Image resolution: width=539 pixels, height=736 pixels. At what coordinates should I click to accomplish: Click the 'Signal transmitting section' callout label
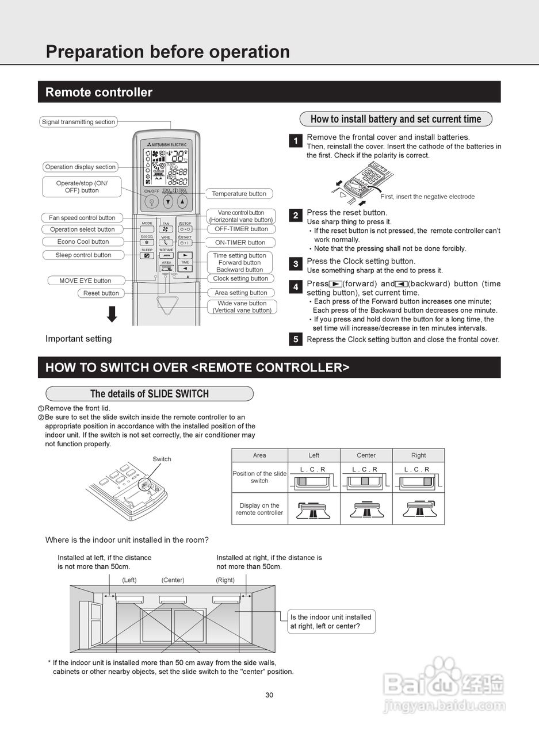pyautogui.click(x=79, y=122)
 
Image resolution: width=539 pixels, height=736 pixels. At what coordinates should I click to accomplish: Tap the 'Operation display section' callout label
pyautogui.click(x=81, y=167)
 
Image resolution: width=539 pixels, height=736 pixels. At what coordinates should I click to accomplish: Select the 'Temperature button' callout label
pyautogui.click(x=239, y=194)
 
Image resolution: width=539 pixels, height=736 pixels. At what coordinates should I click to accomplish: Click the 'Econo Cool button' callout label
pyautogui.click(x=83, y=241)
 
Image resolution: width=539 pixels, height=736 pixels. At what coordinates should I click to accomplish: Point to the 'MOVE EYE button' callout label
pyautogui.click(x=85, y=281)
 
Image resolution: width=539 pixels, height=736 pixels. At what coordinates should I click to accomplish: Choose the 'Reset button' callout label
pyautogui.click(x=101, y=293)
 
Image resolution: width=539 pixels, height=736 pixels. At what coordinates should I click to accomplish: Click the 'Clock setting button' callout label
pyautogui.click(x=240, y=279)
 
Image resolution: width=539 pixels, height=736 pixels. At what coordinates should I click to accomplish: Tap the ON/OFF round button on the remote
pyautogui.click(x=151, y=202)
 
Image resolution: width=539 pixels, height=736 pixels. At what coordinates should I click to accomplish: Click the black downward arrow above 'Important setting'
pyautogui.click(x=112, y=314)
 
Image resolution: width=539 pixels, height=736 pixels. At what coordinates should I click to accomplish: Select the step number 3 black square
pyautogui.click(x=296, y=264)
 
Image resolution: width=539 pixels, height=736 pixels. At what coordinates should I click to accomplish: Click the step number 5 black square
pyautogui.click(x=296, y=339)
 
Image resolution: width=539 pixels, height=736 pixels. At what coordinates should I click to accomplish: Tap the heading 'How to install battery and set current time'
pyautogui.click(x=396, y=119)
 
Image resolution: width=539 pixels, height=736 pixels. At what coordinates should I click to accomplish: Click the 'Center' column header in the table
pyautogui.click(x=366, y=455)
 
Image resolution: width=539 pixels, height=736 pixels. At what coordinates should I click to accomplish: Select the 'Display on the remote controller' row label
pyautogui.click(x=259, y=509)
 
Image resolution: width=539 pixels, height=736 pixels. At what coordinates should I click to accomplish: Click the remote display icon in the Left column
pyautogui.click(x=314, y=509)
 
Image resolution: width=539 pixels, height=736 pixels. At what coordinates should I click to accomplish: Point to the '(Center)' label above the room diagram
pyautogui.click(x=173, y=580)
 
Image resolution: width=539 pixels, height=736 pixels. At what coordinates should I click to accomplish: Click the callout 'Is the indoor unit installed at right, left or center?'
pyautogui.click(x=331, y=622)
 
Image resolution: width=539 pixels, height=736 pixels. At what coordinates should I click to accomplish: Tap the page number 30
pyautogui.click(x=269, y=695)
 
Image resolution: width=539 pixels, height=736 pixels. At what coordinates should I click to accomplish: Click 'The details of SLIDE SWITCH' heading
pyautogui.click(x=150, y=394)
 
